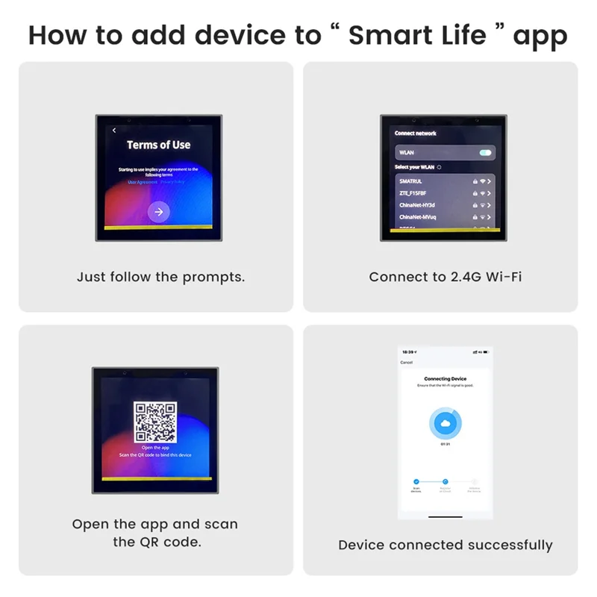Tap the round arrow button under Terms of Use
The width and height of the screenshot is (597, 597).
[158, 211]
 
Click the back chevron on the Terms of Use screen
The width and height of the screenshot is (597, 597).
[113, 131]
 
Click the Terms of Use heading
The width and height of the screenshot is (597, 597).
[158, 145]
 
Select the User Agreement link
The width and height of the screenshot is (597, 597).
[143, 181]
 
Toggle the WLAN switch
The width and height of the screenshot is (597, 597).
[485, 152]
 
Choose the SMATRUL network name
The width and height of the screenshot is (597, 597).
[411, 181]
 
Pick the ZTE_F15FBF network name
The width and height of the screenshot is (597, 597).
[413, 193]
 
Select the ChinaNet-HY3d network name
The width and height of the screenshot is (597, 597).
[416, 205]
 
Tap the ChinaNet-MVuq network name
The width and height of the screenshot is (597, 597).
[417, 217]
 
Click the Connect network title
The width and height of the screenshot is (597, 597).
[416, 133]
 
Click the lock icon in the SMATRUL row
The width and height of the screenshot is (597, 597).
[474, 181]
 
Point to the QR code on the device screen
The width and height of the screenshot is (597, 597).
[155, 422]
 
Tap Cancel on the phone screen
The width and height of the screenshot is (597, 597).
[407, 363]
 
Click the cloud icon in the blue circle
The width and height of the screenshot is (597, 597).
[445, 423]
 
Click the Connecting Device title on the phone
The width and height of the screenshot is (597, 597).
[445, 379]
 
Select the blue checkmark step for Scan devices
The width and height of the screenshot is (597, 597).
[416, 482]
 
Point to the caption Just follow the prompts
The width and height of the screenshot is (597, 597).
[160, 277]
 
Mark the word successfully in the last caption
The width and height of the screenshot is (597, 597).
[510, 545]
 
